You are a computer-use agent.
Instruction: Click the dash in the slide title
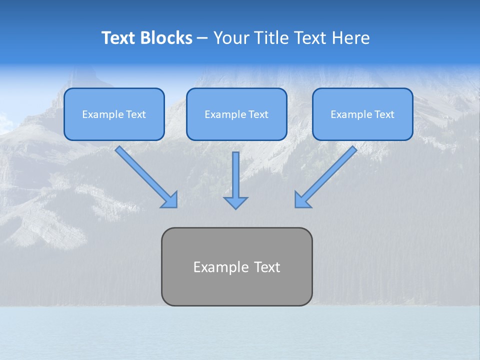point(202,38)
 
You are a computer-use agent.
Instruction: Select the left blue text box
point(114,114)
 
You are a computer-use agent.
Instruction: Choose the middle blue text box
point(236,114)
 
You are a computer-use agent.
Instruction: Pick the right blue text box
point(362,114)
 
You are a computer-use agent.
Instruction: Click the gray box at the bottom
point(236,266)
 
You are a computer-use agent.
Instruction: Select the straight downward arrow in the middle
point(235,175)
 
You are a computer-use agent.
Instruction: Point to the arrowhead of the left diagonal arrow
point(170,200)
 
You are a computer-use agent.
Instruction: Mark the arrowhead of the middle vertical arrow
point(235,202)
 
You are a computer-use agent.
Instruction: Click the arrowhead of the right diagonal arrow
point(302,199)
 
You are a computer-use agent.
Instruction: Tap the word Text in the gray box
point(267,267)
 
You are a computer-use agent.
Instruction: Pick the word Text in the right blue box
point(384,114)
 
